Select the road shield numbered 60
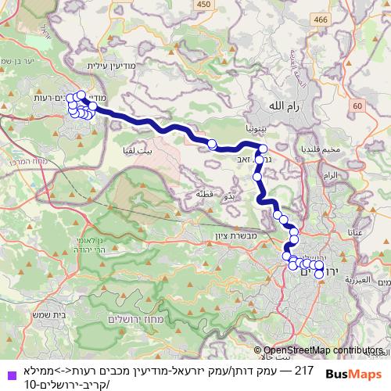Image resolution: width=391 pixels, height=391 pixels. pos(357,106)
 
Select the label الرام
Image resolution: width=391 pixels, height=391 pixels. pos(332,175)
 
